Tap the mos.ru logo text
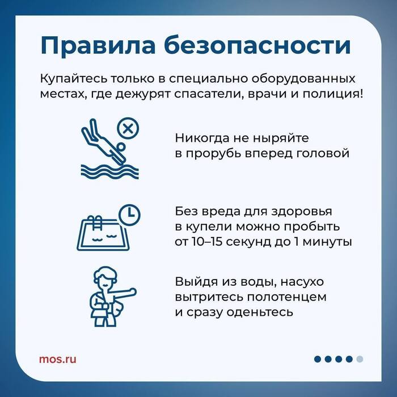tap(57, 359)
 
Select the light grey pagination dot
tap(360, 359)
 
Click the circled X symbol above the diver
tap(128, 128)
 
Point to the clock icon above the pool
tap(129, 214)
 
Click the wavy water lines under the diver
tap(109, 171)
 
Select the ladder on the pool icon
tap(95, 222)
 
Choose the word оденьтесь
tap(260, 312)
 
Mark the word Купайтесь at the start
tap(73, 79)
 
